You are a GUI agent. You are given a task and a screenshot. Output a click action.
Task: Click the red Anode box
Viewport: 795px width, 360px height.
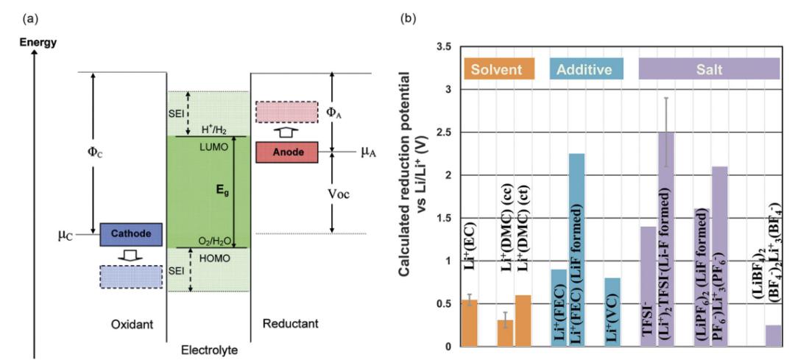pos(287,152)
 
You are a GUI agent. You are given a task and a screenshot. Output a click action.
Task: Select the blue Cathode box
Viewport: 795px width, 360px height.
pos(131,234)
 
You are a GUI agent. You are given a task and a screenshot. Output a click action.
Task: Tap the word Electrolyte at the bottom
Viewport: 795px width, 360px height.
pos(209,350)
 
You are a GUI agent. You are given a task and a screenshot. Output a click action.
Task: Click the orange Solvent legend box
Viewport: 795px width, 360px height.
pos(499,69)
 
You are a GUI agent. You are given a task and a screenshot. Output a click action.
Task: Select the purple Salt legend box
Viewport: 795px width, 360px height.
pos(708,69)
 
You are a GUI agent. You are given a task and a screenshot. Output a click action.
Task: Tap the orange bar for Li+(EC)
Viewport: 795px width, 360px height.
pos(470,323)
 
